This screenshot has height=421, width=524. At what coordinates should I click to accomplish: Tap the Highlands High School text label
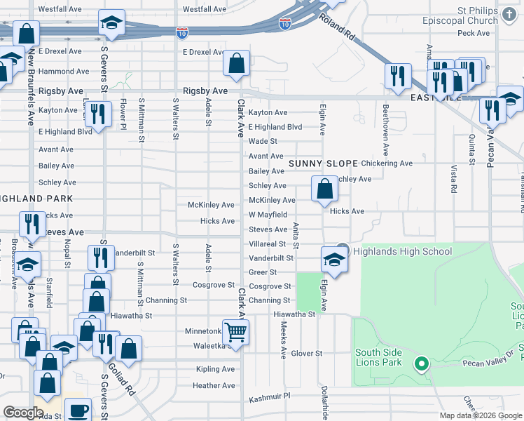pos(403,251)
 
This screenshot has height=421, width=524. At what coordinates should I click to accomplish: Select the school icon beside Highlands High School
pos(334,260)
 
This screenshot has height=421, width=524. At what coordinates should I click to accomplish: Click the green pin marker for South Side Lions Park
pos(421,363)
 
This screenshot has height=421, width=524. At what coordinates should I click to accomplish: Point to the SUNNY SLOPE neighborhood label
pos(323,163)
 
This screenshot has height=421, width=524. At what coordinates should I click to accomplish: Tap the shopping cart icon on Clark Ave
pos(235,333)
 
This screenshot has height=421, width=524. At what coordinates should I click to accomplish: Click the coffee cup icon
pos(78,410)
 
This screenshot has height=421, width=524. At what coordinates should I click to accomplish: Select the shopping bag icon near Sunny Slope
pos(324,189)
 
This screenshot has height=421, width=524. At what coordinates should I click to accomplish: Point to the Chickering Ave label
pos(387,163)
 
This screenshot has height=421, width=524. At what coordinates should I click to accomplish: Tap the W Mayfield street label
pos(268,215)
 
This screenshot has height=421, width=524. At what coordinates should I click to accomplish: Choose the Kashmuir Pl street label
pos(270,400)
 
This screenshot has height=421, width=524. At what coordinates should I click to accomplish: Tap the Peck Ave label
pos(474,33)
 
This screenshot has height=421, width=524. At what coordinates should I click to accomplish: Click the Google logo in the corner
pos(23,413)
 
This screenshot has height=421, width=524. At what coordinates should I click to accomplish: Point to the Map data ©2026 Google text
pos(480,415)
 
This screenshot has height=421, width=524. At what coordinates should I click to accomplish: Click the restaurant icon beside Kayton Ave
pos(98,115)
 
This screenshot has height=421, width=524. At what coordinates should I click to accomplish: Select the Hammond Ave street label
pos(64,72)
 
